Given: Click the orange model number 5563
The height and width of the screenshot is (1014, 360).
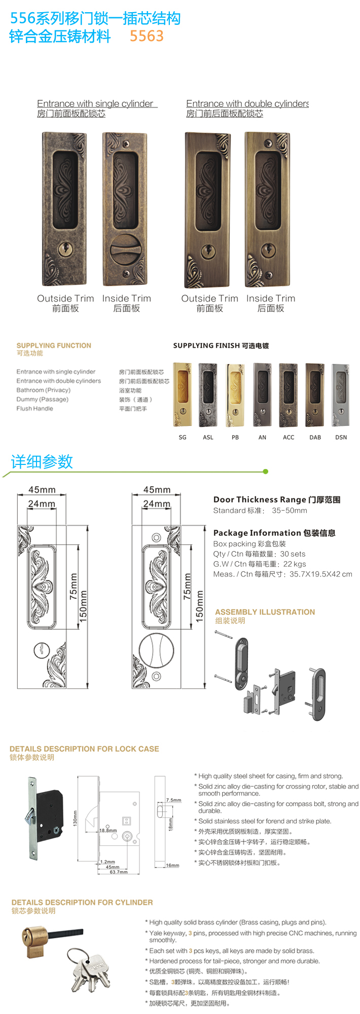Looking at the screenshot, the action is click(147, 36).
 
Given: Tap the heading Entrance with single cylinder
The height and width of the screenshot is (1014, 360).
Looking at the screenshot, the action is click(95, 103).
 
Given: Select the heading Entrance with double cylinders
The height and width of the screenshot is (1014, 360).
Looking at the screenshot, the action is click(247, 103).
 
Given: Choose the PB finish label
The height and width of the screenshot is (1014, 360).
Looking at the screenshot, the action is click(235, 437).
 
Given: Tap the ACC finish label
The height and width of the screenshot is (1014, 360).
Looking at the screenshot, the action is click(289, 437).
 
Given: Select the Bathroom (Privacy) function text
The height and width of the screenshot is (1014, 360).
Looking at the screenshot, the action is click(44, 390).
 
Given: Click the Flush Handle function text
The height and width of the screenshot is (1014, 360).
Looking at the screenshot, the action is click(34, 408).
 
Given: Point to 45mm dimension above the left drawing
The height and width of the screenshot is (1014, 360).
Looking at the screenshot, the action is click(42, 490).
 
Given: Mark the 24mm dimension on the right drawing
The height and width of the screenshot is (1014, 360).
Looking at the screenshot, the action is click(157, 503).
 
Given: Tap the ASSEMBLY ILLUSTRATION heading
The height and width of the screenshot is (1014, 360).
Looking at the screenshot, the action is click(265, 612).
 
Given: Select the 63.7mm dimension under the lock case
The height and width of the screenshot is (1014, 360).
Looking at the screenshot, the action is click(119, 872).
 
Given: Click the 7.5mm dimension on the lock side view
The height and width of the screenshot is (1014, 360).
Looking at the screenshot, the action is click(174, 800).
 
